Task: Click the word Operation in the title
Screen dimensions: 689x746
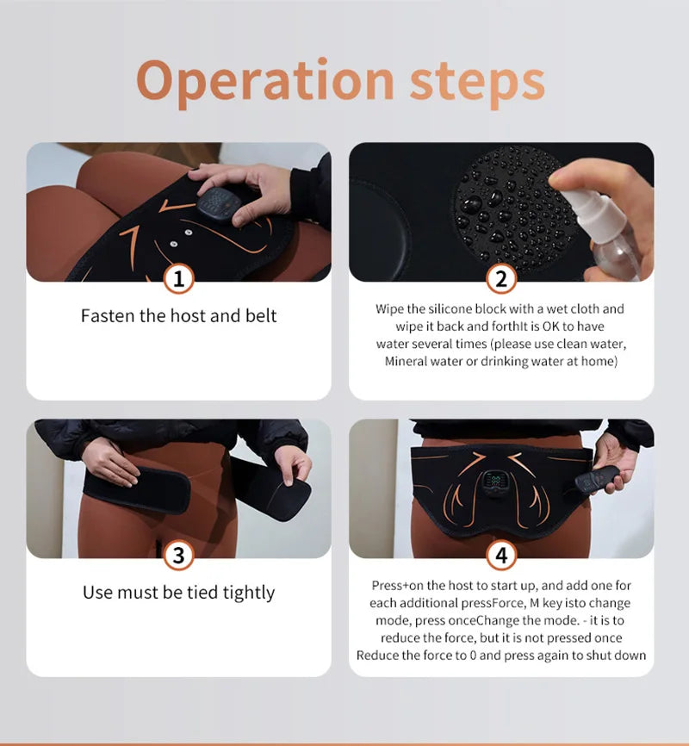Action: (265, 81)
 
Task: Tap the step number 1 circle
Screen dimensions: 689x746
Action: (179, 279)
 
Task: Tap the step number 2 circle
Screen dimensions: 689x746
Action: (501, 279)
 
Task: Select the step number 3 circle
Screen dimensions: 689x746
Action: (179, 556)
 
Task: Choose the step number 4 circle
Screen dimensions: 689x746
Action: (501, 556)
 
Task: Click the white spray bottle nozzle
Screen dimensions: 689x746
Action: (577, 200)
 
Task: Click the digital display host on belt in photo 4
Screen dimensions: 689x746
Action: (493, 484)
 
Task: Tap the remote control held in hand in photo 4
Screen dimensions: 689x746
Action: (597, 481)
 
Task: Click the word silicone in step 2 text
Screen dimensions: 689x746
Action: (450, 309)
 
